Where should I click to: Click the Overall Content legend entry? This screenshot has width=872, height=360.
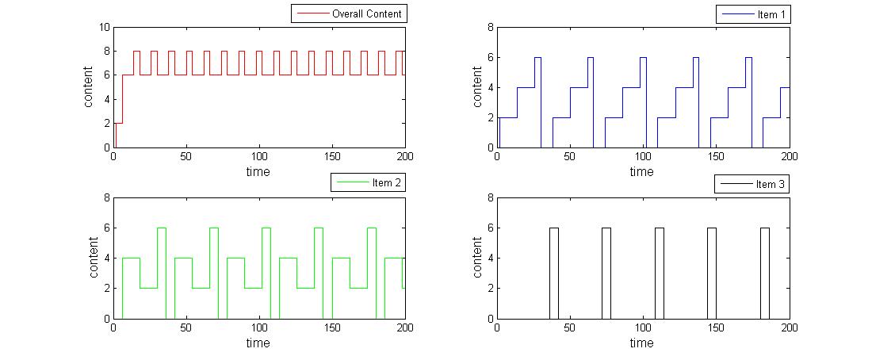point(350,13)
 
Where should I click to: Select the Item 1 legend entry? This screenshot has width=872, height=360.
point(753,14)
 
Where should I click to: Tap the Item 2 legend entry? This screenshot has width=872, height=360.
point(368,182)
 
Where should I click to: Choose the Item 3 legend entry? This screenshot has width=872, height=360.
point(753,184)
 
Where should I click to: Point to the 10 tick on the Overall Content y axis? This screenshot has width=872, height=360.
point(104,27)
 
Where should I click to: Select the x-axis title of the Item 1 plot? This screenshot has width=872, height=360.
point(642,172)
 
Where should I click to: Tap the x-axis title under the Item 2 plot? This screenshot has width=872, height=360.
point(258,343)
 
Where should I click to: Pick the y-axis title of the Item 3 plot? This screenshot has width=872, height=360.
point(478,258)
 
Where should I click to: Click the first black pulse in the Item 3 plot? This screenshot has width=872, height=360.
point(554,273)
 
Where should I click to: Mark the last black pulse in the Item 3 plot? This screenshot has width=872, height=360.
point(765,273)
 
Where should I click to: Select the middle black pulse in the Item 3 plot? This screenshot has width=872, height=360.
point(660,273)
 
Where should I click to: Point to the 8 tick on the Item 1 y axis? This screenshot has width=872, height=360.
point(490,27)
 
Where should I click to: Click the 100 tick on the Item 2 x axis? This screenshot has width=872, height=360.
point(259,327)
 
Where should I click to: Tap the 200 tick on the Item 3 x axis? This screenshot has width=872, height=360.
point(790,327)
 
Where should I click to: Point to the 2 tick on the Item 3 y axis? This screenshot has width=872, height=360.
point(490,289)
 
